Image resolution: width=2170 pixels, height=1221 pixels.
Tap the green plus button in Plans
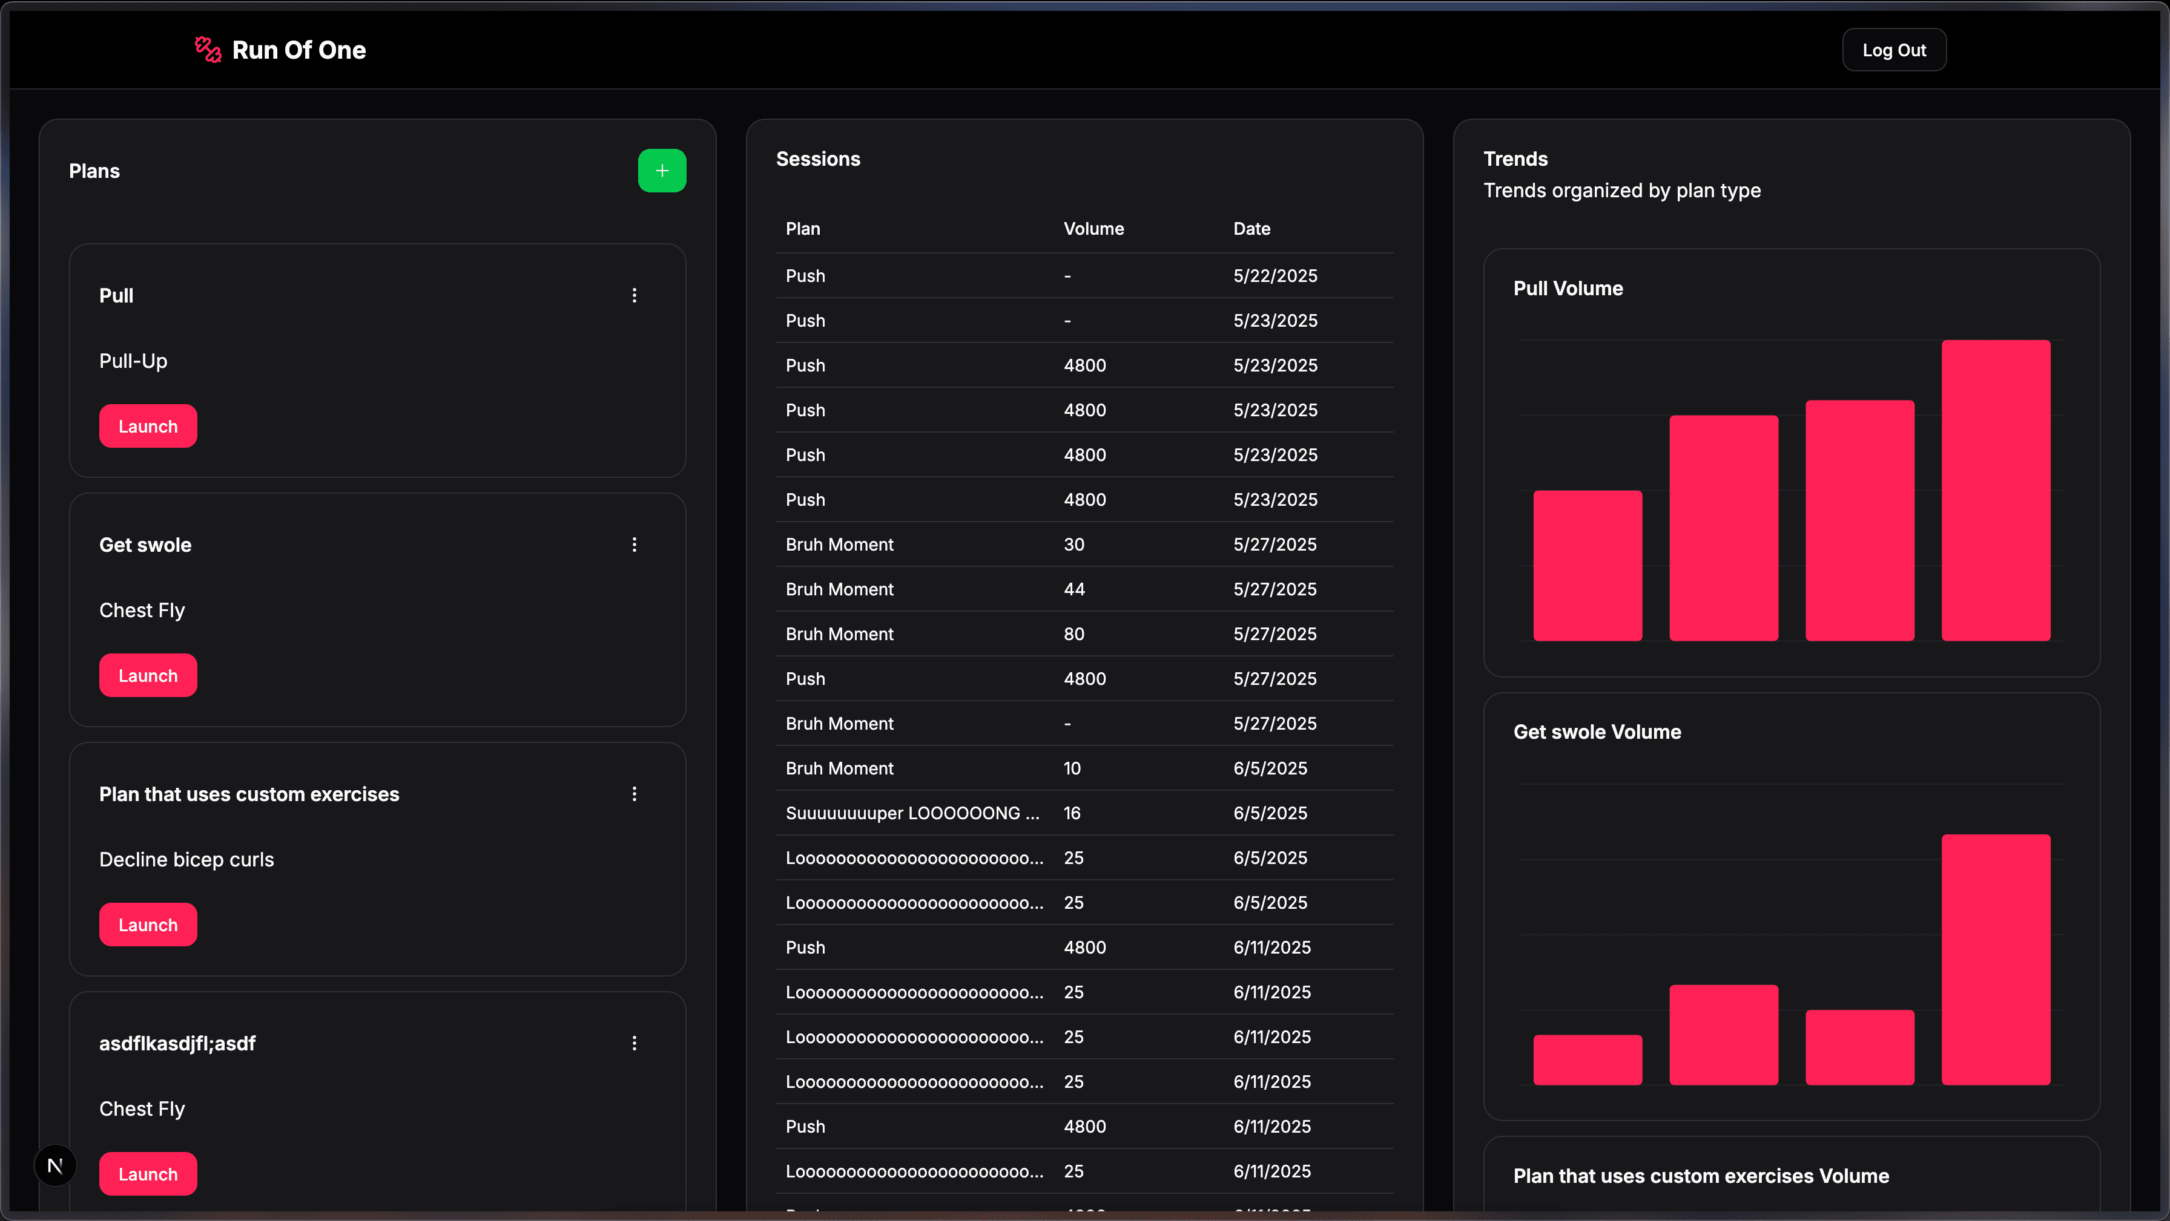[661, 171]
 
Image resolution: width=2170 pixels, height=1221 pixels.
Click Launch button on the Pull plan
[147, 426]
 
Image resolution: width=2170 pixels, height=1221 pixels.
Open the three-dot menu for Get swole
[635, 545]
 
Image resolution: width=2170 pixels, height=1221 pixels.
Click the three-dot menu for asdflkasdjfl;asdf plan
[635, 1043]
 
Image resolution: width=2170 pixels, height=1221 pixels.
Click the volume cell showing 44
[1073, 589]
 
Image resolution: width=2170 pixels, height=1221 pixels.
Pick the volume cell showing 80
[1073, 634]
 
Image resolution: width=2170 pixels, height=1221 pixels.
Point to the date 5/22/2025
[1275, 276]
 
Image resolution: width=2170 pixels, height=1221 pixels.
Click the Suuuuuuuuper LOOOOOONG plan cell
[911, 813]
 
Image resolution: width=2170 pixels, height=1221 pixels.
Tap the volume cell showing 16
[1072, 813]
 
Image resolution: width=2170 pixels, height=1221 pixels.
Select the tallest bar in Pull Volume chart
[1995, 490]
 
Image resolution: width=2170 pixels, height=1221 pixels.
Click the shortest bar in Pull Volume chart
[1587, 565]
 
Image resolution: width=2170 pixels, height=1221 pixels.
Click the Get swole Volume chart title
[1597, 732]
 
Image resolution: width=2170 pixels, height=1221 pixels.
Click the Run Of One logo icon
[207, 50]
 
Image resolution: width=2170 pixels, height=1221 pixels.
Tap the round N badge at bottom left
[54, 1165]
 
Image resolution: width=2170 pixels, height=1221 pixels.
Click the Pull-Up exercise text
[133, 361]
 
